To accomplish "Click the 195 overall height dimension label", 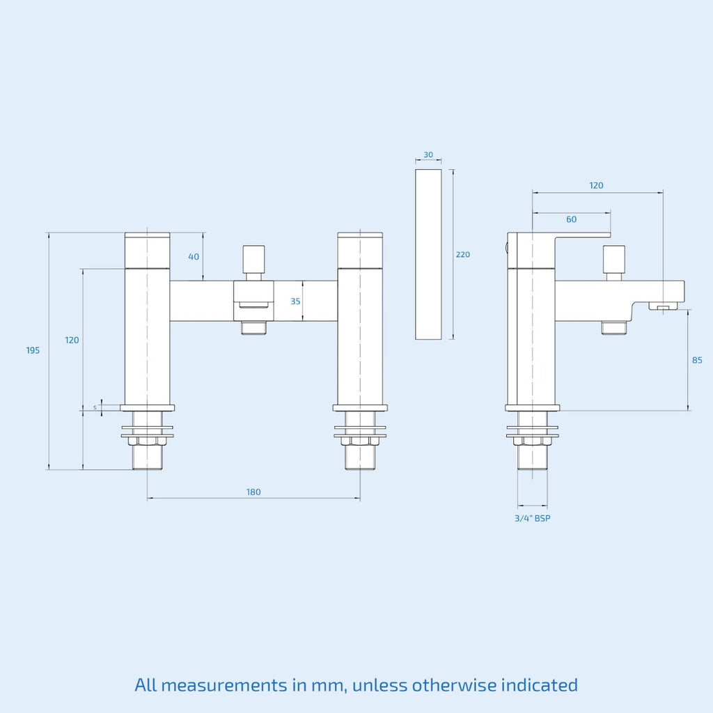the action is tap(33, 350).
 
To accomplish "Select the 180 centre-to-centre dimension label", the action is tap(253, 492).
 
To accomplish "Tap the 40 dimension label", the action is tap(194, 257).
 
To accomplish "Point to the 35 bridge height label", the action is tap(295, 301).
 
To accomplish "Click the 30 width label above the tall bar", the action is tap(428, 155).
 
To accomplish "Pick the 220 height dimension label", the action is tap(463, 255).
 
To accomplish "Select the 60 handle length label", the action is tap(571, 219).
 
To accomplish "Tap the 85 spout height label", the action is tap(697, 360).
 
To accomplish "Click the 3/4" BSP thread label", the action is tap(533, 518).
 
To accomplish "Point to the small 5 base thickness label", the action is tap(95, 407).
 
